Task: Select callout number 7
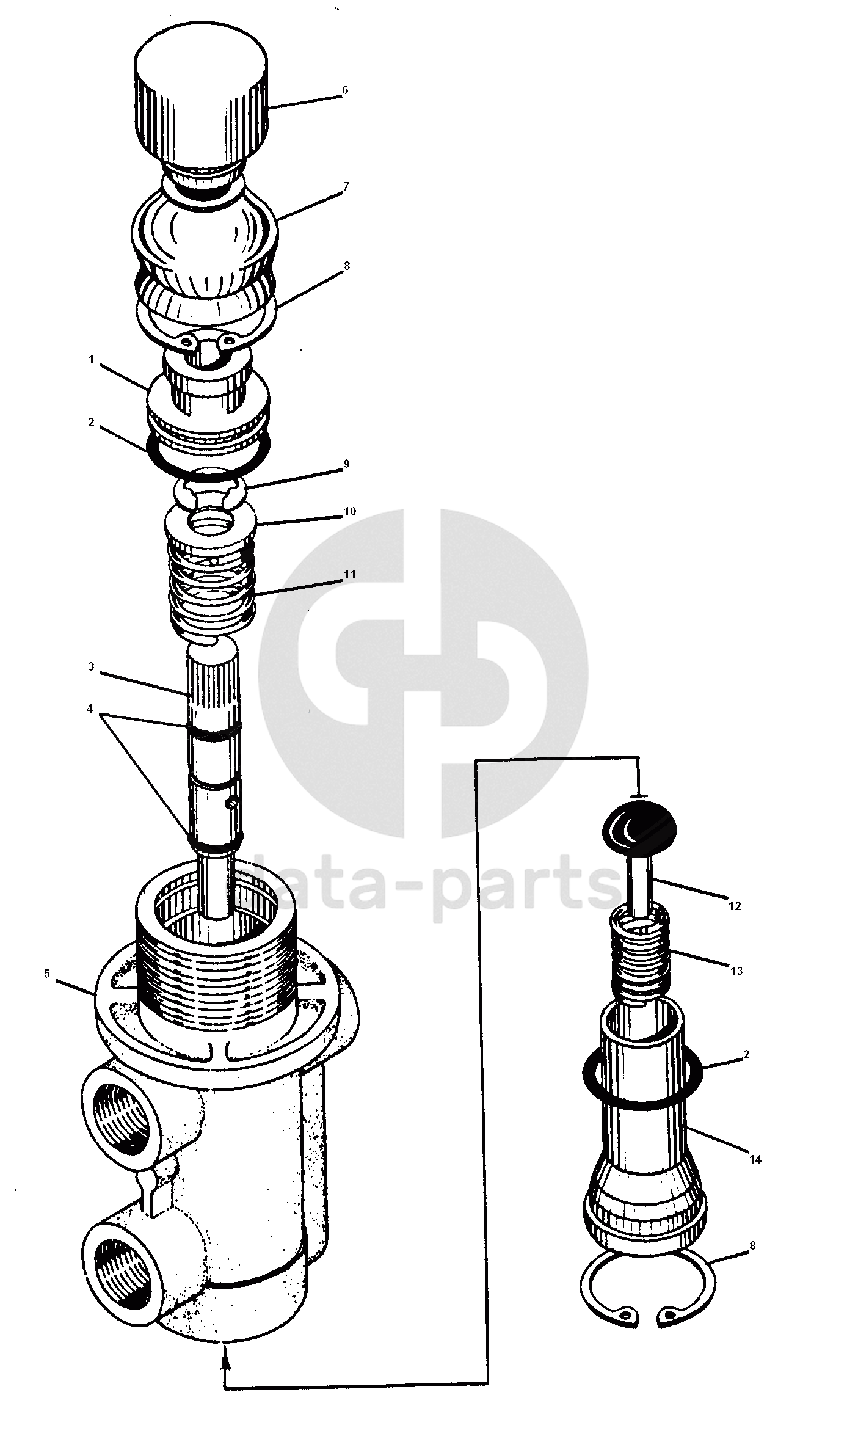click(346, 188)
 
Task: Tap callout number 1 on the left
click(92, 360)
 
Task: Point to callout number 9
click(346, 464)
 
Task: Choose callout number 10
click(350, 511)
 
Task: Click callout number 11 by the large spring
click(350, 575)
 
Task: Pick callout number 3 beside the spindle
click(92, 667)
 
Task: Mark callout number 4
click(90, 709)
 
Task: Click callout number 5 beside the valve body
click(47, 974)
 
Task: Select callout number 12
click(735, 906)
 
